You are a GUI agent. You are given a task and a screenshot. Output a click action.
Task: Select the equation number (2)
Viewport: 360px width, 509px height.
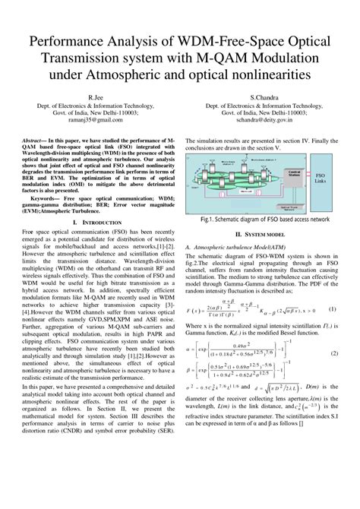[332, 334]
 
